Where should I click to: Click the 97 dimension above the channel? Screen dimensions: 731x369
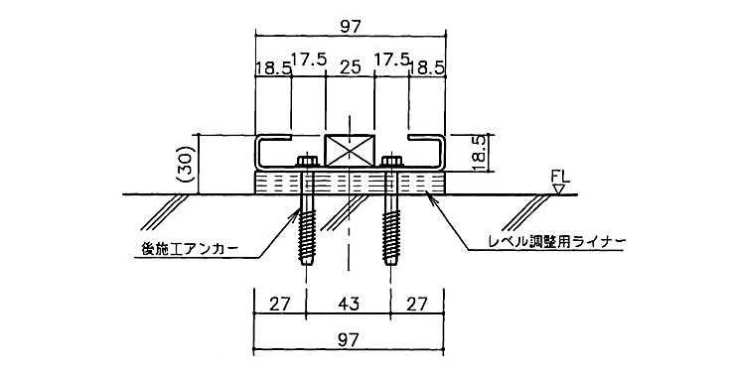[349, 27]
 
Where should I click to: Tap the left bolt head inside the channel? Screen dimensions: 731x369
[306, 162]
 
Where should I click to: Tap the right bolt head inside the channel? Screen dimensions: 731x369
[391, 162]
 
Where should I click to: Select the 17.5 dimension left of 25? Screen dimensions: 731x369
[309, 60]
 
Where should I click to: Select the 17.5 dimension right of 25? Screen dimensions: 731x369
[389, 60]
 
